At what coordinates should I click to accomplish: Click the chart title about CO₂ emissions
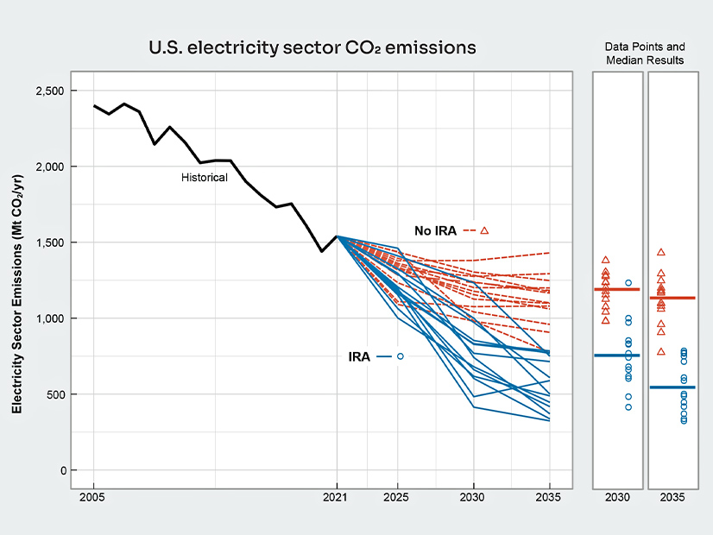pos(312,47)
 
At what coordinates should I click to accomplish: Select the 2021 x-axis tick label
pos(335,497)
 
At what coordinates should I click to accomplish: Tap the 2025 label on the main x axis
pos(397,497)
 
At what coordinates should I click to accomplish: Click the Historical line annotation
pos(205,178)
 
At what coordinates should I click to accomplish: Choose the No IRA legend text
pos(435,230)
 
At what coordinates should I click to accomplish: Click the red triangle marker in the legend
pos(484,230)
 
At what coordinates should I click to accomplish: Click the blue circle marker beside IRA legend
pos(401,356)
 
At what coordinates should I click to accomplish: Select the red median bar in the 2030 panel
pos(616,289)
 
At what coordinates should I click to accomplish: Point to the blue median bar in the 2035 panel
pos(672,387)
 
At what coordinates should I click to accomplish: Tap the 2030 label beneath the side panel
pos(616,497)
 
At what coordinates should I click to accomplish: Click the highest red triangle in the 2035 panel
pos(661,252)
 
